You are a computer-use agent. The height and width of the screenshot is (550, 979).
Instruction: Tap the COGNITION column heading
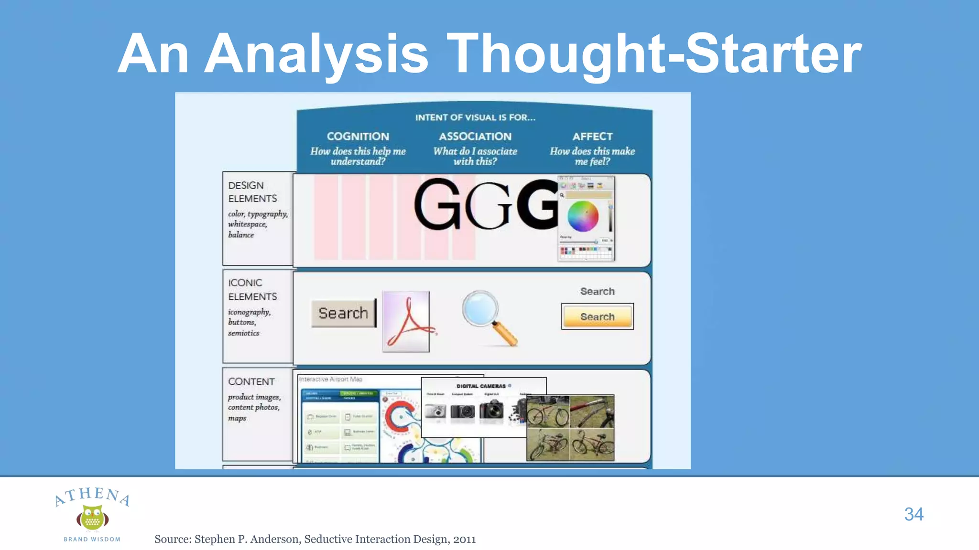point(358,137)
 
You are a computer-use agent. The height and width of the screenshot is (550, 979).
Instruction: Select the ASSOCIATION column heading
point(475,137)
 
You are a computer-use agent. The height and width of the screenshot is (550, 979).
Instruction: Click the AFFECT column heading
point(592,137)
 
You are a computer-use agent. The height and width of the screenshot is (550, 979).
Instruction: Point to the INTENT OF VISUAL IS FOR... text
point(475,117)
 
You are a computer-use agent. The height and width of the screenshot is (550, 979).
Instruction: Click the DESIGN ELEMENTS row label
point(252,192)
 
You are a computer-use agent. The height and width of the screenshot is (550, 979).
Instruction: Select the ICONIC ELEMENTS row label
point(252,289)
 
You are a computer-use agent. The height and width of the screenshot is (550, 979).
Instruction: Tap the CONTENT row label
point(251,382)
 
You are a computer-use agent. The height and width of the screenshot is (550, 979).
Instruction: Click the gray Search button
point(343,313)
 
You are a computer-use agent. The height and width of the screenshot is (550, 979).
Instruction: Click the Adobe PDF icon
point(406,321)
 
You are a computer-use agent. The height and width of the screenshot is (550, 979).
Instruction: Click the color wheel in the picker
point(583,216)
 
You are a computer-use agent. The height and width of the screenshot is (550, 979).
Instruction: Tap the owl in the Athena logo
point(92,518)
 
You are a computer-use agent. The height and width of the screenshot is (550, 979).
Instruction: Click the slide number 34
point(914,514)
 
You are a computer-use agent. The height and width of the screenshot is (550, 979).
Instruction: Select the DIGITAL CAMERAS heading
point(480,386)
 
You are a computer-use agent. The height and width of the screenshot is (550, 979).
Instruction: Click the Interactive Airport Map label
point(331,379)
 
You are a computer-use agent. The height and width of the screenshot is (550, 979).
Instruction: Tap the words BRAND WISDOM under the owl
point(92,539)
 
